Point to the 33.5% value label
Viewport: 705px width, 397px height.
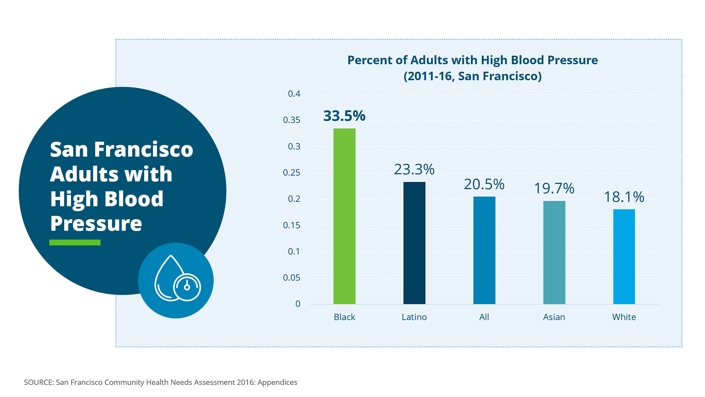click(344, 116)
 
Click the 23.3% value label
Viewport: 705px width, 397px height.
click(414, 169)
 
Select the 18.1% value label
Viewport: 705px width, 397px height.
click(624, 197)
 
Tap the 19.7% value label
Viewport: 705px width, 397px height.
click(554, 189)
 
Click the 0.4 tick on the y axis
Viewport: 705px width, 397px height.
click(294, 94)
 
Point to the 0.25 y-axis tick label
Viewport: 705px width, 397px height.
click(292, 172)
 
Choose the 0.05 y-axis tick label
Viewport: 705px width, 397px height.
click(292, 278)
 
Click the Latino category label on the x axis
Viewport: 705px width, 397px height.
click(414, 317)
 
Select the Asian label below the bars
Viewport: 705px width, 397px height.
click(554, 317)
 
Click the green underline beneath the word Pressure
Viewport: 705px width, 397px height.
click(75, 242)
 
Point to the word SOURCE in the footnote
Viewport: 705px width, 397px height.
click(39, 382)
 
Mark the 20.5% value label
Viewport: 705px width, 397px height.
click(484, 185)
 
